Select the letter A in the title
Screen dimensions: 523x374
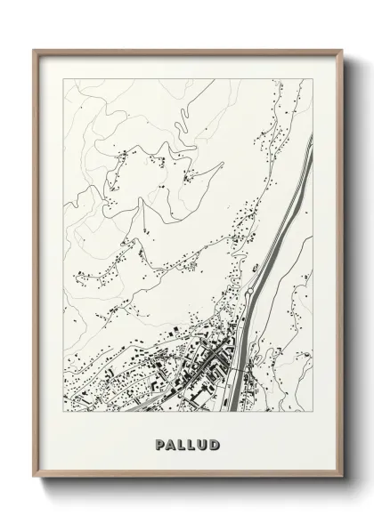(170, 443)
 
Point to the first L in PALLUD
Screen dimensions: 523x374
(182, 443)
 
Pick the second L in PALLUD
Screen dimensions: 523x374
(192, 443)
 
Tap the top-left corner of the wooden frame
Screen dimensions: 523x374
(33, 49)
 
